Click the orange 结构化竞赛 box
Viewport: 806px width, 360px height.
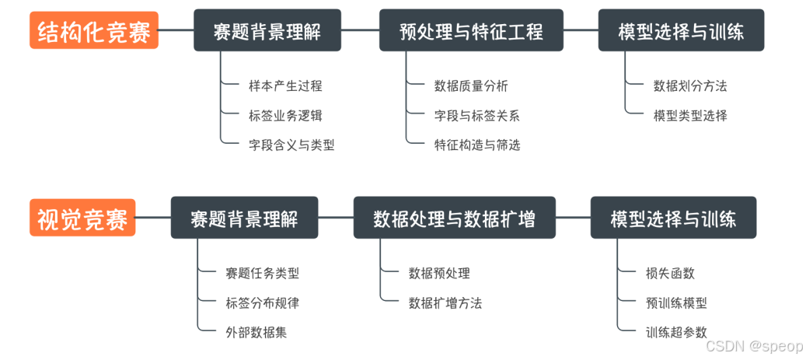click(94, 31)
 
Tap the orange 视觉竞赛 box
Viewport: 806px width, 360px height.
click(83, 218)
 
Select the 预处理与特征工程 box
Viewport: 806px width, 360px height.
click(471, 31)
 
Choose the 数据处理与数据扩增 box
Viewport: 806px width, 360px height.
click(455, 218)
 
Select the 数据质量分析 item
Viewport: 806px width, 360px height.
click(471, 86)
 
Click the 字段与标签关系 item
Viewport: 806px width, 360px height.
click(476, 116)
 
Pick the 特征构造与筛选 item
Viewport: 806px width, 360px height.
click(476, 145)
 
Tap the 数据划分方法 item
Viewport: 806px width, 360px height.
click(690, 86)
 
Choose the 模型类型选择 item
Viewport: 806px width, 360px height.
click(690, 116)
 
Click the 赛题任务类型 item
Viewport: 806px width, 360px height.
click(262, 274)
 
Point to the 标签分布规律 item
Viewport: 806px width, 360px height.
click(262, 303)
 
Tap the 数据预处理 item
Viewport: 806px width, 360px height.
click(439, 274)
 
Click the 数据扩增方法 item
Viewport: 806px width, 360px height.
click(445, 303)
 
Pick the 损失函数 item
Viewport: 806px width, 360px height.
click(670, 274)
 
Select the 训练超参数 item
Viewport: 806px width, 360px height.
click(676, 332)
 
